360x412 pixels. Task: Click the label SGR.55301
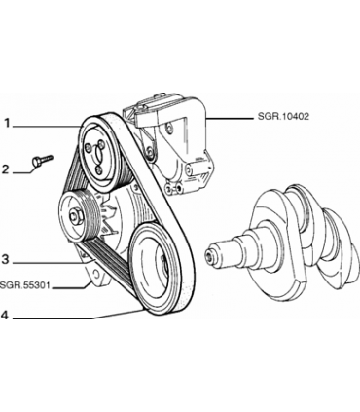[x=26, y=286]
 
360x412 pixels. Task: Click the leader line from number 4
[x=78, y=316]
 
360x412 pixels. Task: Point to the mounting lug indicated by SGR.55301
[x=96, y=279]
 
